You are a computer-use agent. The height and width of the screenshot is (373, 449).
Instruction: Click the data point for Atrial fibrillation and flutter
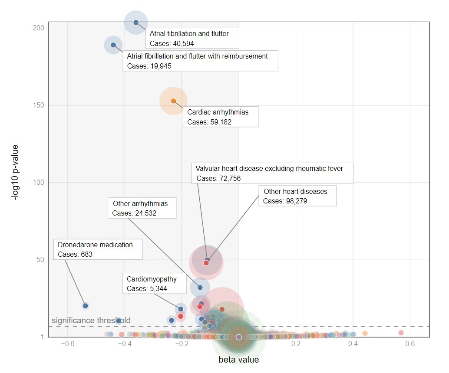coord(136,22)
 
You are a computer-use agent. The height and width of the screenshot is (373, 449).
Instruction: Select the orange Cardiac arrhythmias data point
coord(173,101)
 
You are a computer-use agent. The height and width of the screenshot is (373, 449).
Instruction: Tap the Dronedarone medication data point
coord(86,306)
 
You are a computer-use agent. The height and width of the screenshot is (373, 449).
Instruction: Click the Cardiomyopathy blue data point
coord(181,309)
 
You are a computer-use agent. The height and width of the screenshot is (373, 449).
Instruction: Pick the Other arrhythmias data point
coord(200,287)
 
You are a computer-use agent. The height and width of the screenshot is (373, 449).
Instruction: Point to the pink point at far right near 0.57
coord(401,333)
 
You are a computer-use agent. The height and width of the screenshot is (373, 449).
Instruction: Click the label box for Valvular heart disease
coord(272,173)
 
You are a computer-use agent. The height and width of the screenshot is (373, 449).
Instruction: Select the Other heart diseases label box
coord(297,196)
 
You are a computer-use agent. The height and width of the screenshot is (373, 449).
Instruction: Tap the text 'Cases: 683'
coord(75,254)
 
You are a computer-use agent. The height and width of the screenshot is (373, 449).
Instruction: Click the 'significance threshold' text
coord(91,321)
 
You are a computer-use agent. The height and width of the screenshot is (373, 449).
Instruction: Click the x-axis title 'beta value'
coord(238,360)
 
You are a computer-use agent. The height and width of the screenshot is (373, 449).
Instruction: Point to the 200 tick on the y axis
coord(40,28)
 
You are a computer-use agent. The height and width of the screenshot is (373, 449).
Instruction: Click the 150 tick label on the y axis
coord(40,105)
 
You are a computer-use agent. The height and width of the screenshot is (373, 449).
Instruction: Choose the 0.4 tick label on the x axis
coord(353,344)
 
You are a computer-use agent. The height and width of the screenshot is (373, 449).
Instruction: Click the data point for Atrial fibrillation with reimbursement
coord(113,45)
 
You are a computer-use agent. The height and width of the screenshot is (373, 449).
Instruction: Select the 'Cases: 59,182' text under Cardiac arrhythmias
coord(209,122)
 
